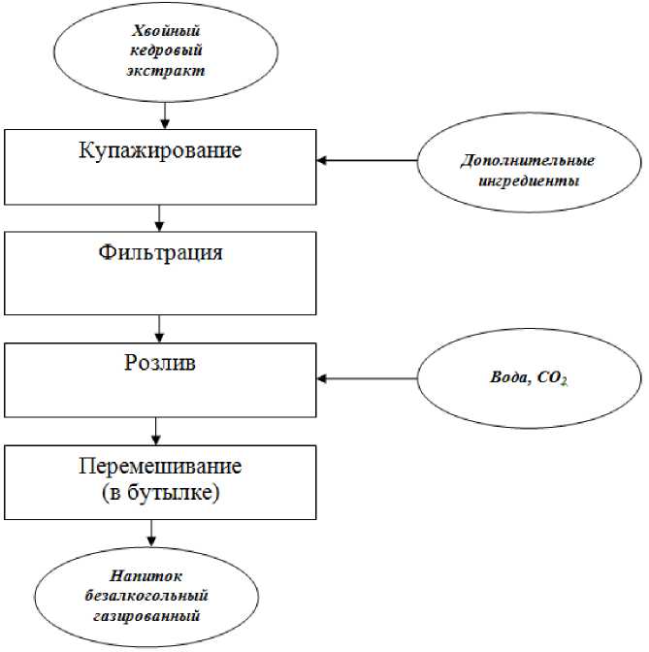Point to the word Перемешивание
tap(161, 466)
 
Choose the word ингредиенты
tap(528, 179)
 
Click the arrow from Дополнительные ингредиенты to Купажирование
tap(370, 161)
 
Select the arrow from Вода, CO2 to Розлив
tap(370, 378)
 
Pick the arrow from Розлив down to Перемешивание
tap(156, 429)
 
